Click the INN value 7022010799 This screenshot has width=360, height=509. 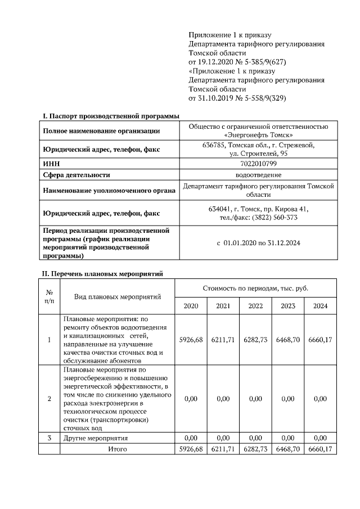click(x=259, y=163)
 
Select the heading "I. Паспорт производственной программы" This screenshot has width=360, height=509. click(x=111, y=115)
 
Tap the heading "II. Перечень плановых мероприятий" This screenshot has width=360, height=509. click(x=103, y=274)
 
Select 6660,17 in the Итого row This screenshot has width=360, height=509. click(x=320, y=449)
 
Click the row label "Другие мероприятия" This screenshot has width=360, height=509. click(x=96, y=438)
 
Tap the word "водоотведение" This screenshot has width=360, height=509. click(x=259, y=175)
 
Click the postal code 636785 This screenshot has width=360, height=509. click(x=214, y=145)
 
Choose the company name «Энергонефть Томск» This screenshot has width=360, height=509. click(x=259, y=135)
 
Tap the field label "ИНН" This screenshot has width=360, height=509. click(x=51, y=163)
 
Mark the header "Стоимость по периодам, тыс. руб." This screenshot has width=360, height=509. click(x=255, y=288)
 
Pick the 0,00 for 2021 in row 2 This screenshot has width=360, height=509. click(x=223, y=399)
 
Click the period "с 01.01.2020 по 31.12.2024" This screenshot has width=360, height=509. click(x=259, y=243)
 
